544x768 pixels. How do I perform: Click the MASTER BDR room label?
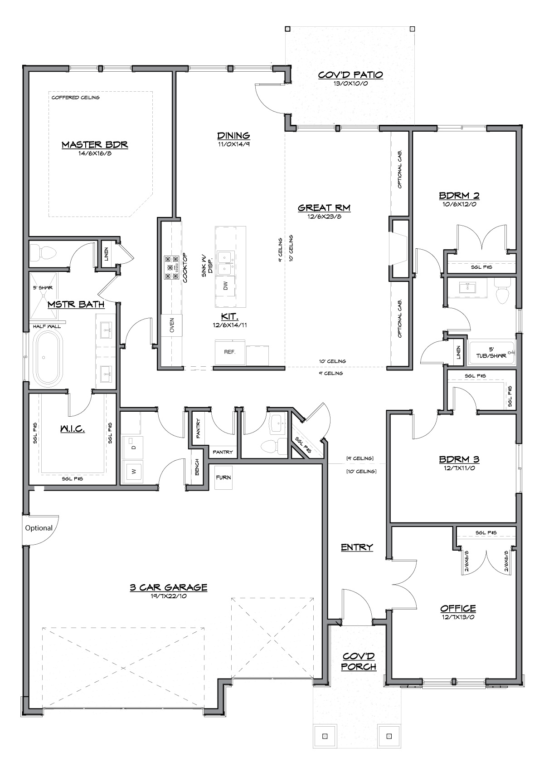95,145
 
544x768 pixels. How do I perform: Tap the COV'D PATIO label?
350,75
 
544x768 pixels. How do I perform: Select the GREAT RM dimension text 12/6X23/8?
324,217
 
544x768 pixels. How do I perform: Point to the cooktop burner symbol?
172,267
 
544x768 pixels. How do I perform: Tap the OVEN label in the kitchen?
172,325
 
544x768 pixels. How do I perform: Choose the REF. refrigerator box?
230,352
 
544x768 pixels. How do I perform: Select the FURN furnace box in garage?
223,477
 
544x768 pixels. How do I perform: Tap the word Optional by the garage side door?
39,528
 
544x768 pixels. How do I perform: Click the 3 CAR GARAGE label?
169,588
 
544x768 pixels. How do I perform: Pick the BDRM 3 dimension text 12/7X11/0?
459,468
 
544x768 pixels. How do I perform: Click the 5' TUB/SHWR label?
491,353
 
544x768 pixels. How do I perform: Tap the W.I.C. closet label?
73,428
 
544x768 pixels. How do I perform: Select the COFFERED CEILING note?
76,98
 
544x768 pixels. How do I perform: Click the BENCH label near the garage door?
197,468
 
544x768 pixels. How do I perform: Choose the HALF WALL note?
47,326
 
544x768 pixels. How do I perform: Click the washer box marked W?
133,472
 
